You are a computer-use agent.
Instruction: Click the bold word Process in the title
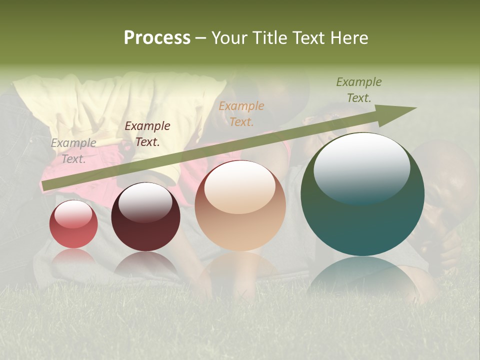tap(157, 38)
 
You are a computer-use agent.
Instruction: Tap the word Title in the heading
tap(270, 38)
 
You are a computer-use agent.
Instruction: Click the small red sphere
tap(73, 224)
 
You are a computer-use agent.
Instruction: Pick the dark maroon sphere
tap(145, 217)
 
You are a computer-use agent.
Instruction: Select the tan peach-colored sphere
tap(240, 205)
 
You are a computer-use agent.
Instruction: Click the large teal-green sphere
tap(362, 194)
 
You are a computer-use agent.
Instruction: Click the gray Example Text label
tap(73, 151)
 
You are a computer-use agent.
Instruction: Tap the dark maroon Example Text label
tap(147, 134)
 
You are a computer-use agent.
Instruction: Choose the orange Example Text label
tap(241, 113)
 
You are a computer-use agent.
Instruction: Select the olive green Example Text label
tap(359, 90)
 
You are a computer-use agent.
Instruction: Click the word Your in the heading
tap(231, 38)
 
